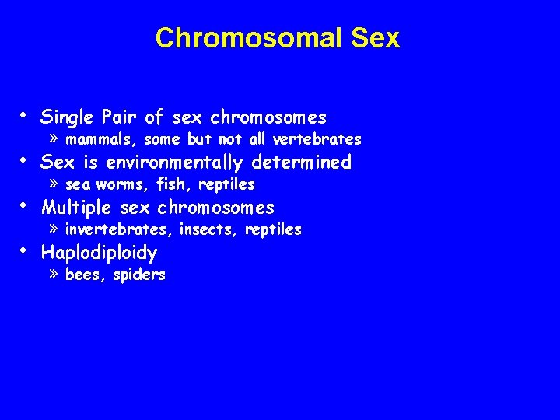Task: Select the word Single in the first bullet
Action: coord(68,117)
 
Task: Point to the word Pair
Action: coord(121,117)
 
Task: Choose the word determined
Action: coord(306,163)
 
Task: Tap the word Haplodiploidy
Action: coord(99,253)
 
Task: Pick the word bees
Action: coord(82,275)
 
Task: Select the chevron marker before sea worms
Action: coord(53,184)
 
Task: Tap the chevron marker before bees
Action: coord(53,275)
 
